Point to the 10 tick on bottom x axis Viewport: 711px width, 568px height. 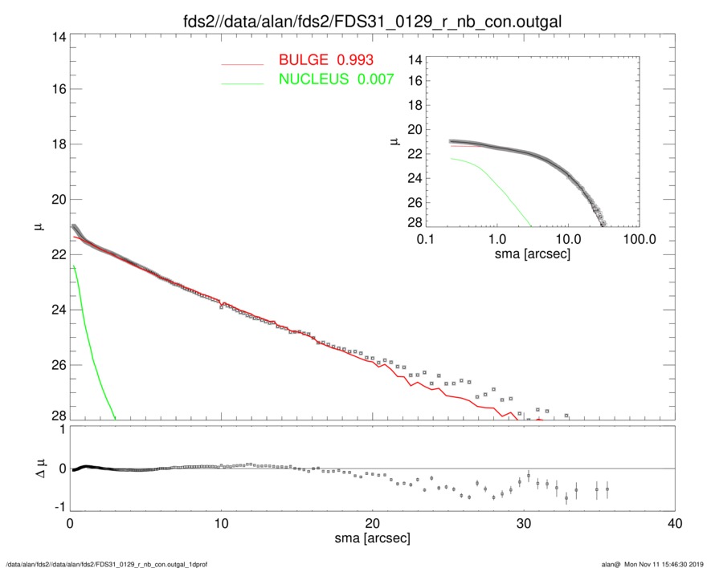click(221, 524)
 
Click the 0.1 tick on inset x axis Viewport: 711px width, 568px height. click(426, 239)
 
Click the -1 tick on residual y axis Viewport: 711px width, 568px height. click(58, 507)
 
